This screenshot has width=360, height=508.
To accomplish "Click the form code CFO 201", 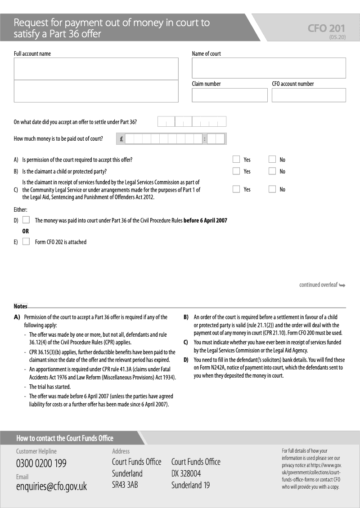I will coord(326,28).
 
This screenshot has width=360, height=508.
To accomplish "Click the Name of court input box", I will coord(269,68).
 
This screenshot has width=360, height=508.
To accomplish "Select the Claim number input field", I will coord(229,95).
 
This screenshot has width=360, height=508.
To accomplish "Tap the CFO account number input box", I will coord(309,95).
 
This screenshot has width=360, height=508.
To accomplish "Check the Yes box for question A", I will coord(236,159).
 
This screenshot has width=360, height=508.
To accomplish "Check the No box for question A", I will coord(272,159).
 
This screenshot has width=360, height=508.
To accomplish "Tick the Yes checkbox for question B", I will coord(236,171).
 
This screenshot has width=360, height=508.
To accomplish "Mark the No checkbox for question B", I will coord(272,171).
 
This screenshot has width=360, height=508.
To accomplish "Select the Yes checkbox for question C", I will coord(236,189).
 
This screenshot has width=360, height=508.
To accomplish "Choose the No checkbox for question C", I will coord(272,189).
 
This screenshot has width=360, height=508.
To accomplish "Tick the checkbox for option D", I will coord(26,220).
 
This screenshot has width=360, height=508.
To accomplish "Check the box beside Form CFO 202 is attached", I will coord(26,241).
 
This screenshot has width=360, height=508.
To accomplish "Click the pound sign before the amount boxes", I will coord(121,139).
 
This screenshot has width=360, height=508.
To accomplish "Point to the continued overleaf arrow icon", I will coord(342,285).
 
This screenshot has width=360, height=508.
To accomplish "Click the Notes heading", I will coord(21,306).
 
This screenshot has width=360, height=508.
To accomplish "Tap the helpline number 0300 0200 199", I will coord(41,463).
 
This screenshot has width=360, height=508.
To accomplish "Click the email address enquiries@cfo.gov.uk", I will coord(51,486).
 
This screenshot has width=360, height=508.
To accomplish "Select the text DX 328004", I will coord(186,473).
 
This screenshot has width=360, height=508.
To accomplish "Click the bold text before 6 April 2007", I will coord(205,220).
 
